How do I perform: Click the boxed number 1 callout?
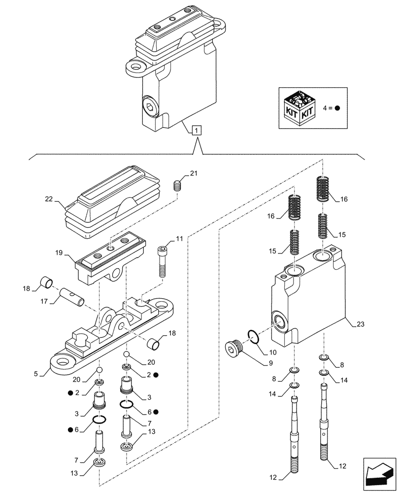point(197,131)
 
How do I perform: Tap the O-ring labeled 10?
point(252,338)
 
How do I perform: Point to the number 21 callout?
point(194,173)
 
